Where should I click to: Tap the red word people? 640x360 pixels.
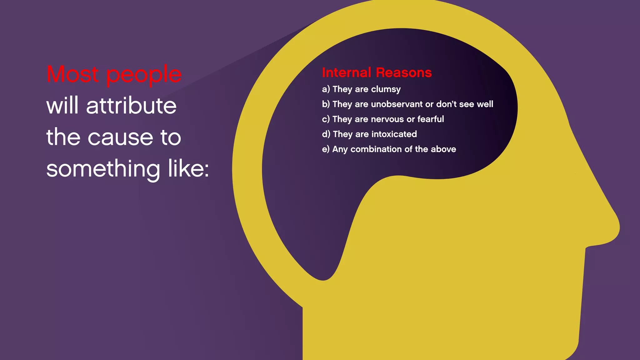point(144,75)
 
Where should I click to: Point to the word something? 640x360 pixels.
point(103,169)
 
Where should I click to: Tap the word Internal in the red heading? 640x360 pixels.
point(347,72)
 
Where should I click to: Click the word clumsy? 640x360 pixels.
point(386,89)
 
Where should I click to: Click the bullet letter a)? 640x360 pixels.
point(326,89)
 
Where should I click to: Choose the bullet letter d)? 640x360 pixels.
point(326,134)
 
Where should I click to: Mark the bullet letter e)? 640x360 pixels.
point(326,149)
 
